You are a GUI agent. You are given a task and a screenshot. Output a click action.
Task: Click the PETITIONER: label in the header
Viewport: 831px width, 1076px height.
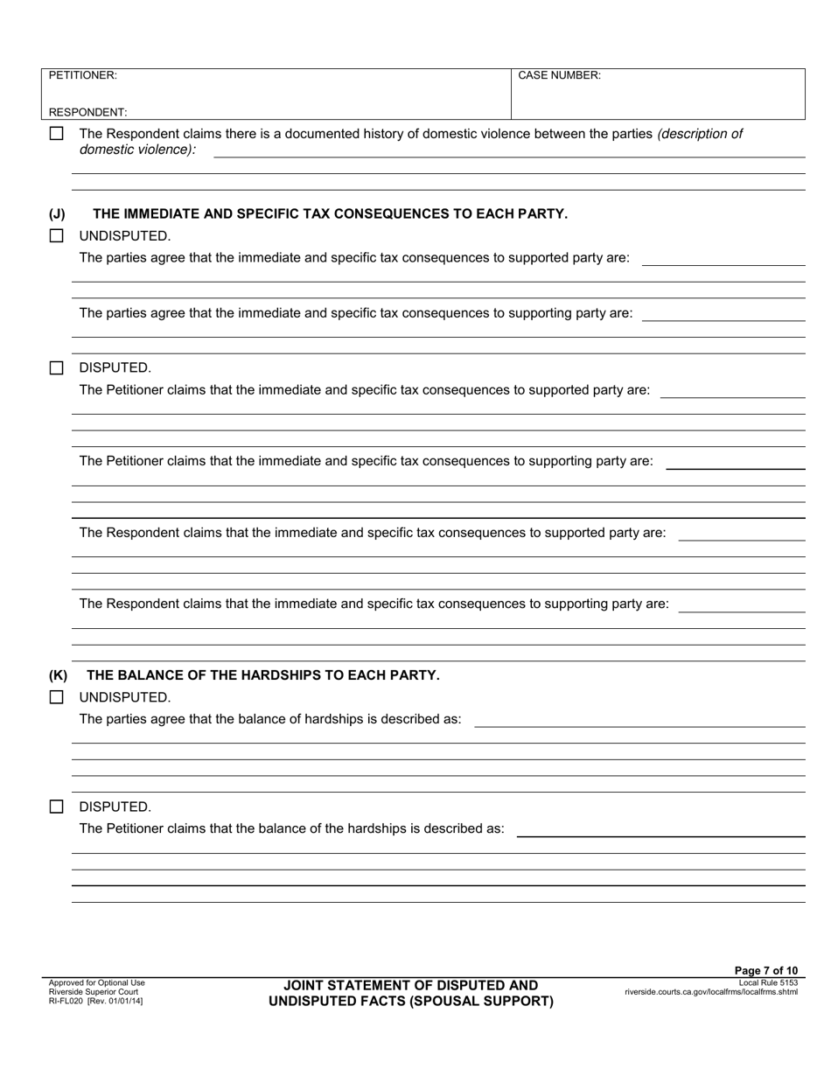[x=82, y=75]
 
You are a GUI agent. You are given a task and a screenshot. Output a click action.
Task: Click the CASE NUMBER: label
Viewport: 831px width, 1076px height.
[x=559, y=75]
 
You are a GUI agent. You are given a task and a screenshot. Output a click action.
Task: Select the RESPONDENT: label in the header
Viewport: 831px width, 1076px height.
[x=87, y=112]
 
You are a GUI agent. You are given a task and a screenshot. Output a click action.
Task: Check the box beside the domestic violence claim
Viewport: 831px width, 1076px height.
[x=56, y=134]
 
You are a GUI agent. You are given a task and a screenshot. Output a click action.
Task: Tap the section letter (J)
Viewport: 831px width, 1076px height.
[x=57, y=213]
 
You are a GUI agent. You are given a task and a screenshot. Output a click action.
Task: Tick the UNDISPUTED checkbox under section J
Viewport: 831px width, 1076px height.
[x=56, y=235]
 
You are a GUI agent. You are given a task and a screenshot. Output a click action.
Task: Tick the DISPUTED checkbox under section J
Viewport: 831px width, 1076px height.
[x=56, y=367]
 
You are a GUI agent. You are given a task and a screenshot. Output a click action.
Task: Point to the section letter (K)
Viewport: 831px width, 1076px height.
[x=58, y=675]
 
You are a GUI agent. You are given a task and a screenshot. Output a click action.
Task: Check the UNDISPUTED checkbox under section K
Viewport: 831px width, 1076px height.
[x=56, y=697]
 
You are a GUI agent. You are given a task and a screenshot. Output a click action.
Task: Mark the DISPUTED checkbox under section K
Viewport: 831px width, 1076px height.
[x=56, y=807]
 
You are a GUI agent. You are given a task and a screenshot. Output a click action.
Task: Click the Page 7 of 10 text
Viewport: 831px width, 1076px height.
[x=765, y=970]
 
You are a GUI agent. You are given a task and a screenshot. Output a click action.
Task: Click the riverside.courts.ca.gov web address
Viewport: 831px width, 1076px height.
[x=710, y=992]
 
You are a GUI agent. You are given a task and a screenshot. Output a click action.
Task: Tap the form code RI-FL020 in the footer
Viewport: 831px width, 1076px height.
[x=66, y=1001]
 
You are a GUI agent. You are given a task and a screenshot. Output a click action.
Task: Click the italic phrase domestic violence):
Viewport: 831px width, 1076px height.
[x=137, y=150]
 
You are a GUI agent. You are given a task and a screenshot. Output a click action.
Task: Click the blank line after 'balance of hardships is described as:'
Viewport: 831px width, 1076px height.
[x=639, y=722]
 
